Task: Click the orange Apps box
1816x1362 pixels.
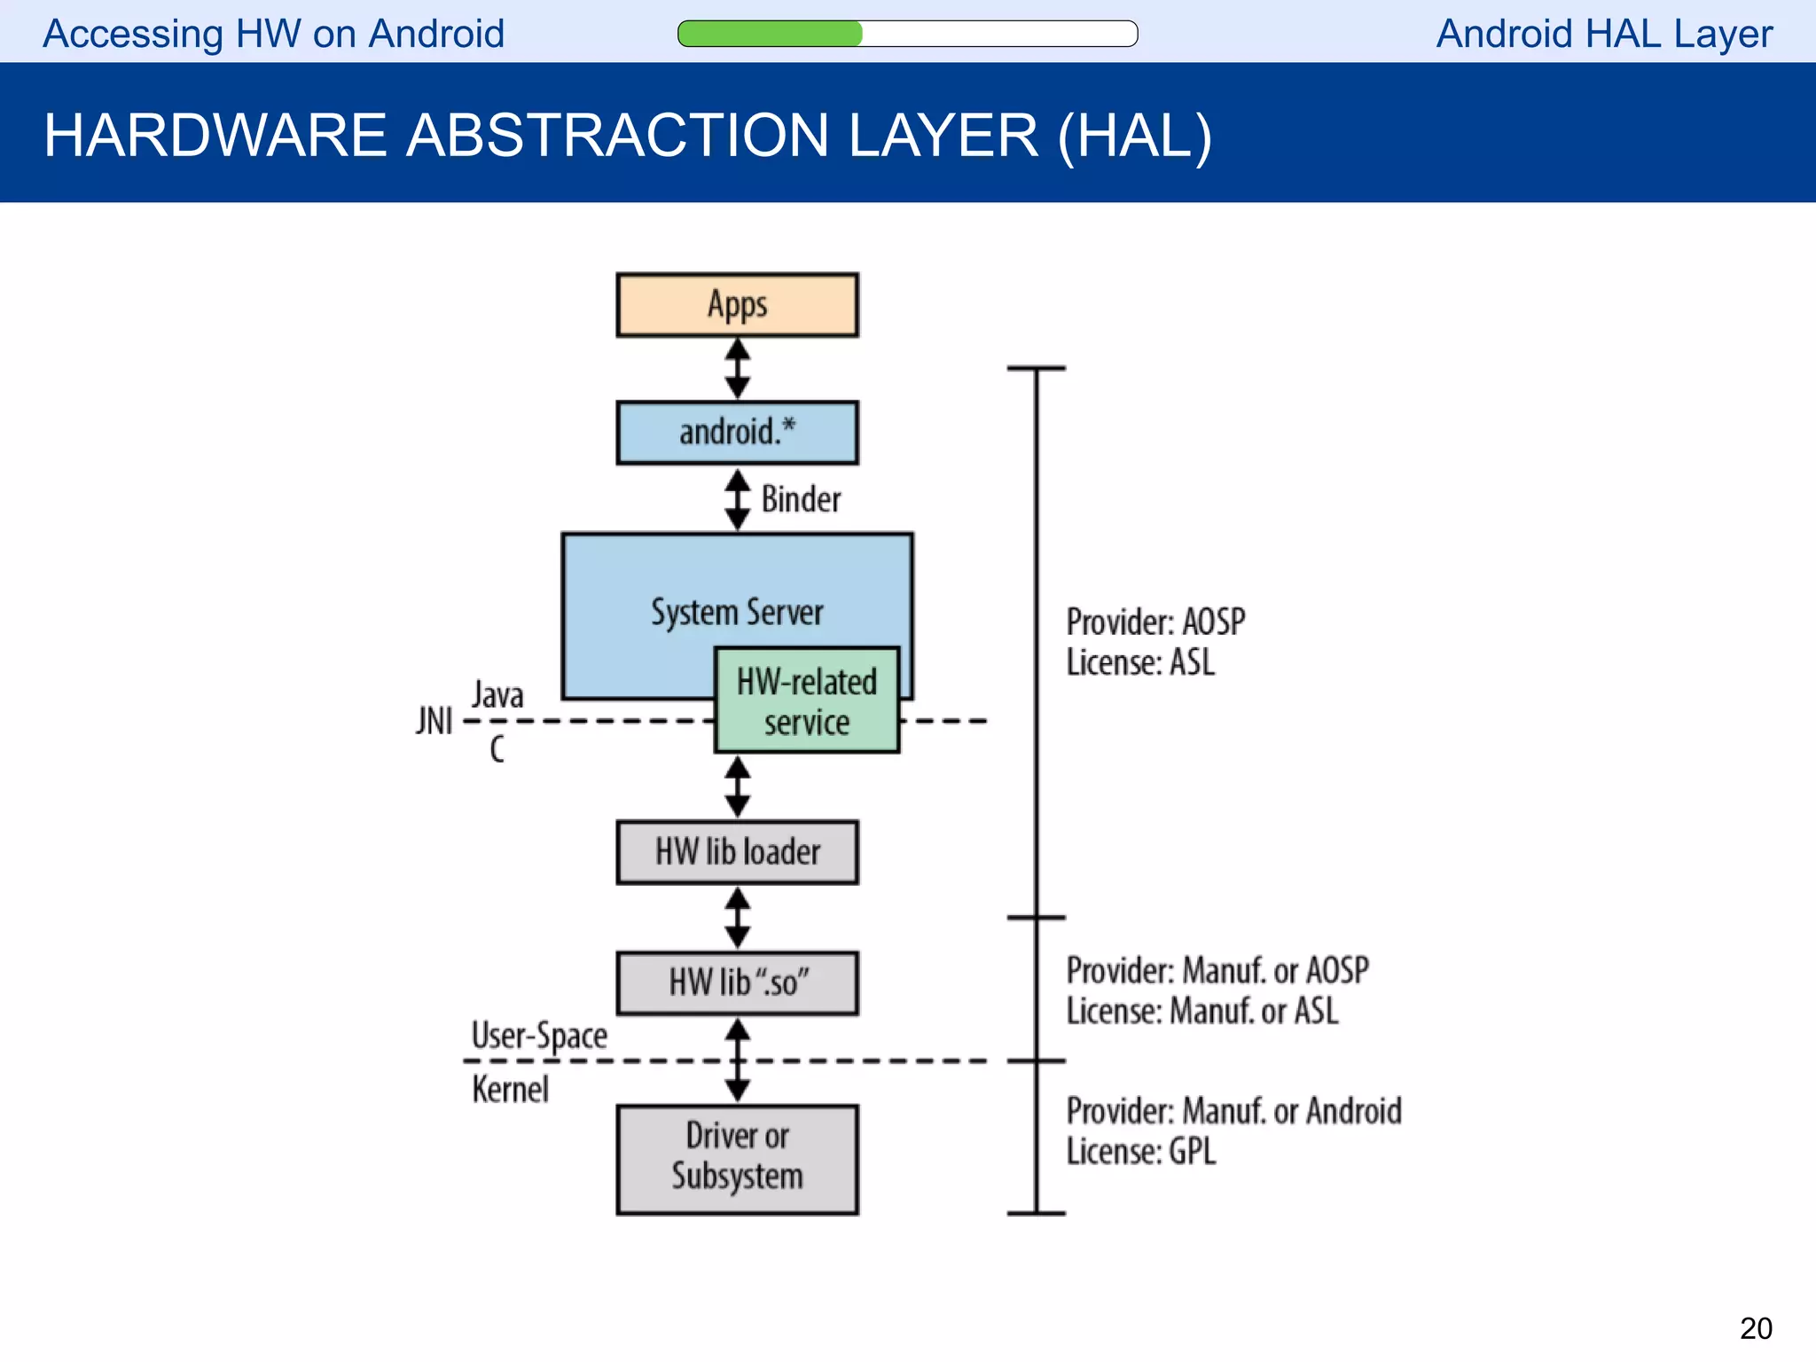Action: (x=737, y=305)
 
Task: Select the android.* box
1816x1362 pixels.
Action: (x=737, y=433)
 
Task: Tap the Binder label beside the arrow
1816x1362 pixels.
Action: (x=801, y=499)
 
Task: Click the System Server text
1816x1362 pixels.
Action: (x=737, y=613)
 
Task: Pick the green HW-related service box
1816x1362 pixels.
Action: (x=807, y=701)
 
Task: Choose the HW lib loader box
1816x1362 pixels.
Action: (x=737, y=852)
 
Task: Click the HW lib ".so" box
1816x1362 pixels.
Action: (x=737, y=983)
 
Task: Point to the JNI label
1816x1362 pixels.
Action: (x=434, y=721)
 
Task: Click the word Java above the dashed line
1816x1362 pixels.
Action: (x=497, y=694)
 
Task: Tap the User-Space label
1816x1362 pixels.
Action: (x=539, y=1036)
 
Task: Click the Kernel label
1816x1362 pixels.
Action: (x=510, y=1090)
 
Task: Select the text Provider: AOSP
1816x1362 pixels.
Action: (x=1155, y=622)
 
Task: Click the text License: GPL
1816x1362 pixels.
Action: (x=1141, y=1152)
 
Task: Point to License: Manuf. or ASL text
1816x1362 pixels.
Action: (x=1202, y=1011)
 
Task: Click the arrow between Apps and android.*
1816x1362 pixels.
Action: (x=737, y=369)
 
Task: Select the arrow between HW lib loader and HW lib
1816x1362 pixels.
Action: (x=737, y=918)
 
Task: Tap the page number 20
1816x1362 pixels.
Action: (x=1755, y=1328)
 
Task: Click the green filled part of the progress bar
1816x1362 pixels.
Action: (x=770, y=34)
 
